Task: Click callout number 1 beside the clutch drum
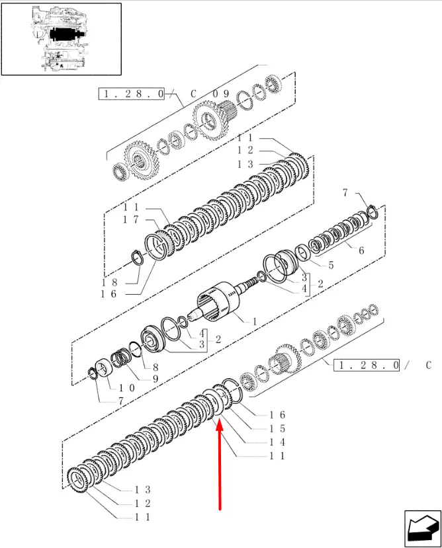pyautogui.click(x=255, y=321)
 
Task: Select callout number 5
pyautogui.click(x=331, y=265)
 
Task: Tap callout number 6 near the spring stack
pyautogui.click(x=361, y=251)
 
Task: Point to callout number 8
pyautogui.click(x=155, y=368)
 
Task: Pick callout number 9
pyautogui.click(x=155, y=379)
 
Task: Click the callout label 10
pyautogui.click(x=126, y=388)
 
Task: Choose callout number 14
pyautogui.click(x=277, y=442)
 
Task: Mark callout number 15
pyautogui.click(x=277, y=429)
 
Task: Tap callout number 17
pyautogui.click(x=131, y=220)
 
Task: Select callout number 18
pyautogui.click(x=109, y=283)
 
